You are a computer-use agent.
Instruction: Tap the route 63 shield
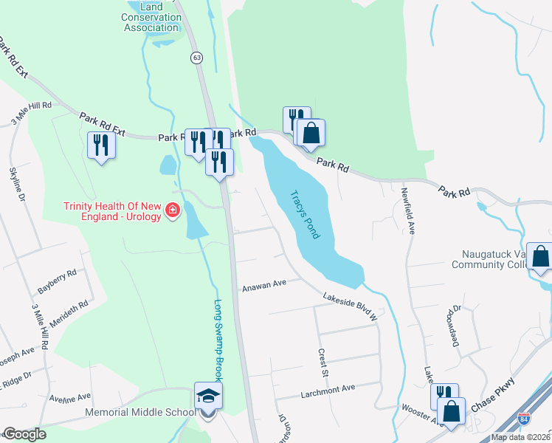[x=196, y=57]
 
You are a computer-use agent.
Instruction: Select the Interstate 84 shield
[x=523, y=418]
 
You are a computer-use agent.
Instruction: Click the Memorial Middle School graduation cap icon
[x=208, y=396]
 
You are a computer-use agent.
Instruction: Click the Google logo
[x=24, y=434]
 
